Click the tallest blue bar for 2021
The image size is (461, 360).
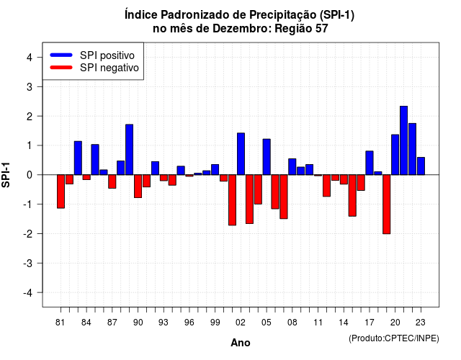tap(403, 140)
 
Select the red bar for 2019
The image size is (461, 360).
tap(386, 204)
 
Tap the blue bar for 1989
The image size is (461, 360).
tap(130, 150)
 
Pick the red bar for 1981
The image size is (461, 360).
tap(61, 192)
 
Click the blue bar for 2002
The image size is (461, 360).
tap(241, 154)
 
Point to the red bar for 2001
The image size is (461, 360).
tap(232, 200)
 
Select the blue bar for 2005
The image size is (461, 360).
tap(267, 157)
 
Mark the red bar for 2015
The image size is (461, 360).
tap(352, 195)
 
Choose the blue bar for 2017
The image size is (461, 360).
tap(370, 163)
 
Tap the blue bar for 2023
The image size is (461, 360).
tap(421, 166)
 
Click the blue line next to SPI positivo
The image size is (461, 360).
tap(61, 55)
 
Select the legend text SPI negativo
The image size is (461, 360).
tap(109, 68)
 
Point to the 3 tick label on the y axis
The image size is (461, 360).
tap(30, 86)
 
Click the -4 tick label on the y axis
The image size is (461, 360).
tap(28, 293)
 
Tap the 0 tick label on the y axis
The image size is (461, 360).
tap(30, 175)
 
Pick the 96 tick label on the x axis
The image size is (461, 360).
tap(189, 323)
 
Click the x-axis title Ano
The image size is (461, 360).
tap(241, 343)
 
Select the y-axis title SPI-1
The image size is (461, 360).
tap(6, 175)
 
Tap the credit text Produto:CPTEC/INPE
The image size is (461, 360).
tap(394, 338)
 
